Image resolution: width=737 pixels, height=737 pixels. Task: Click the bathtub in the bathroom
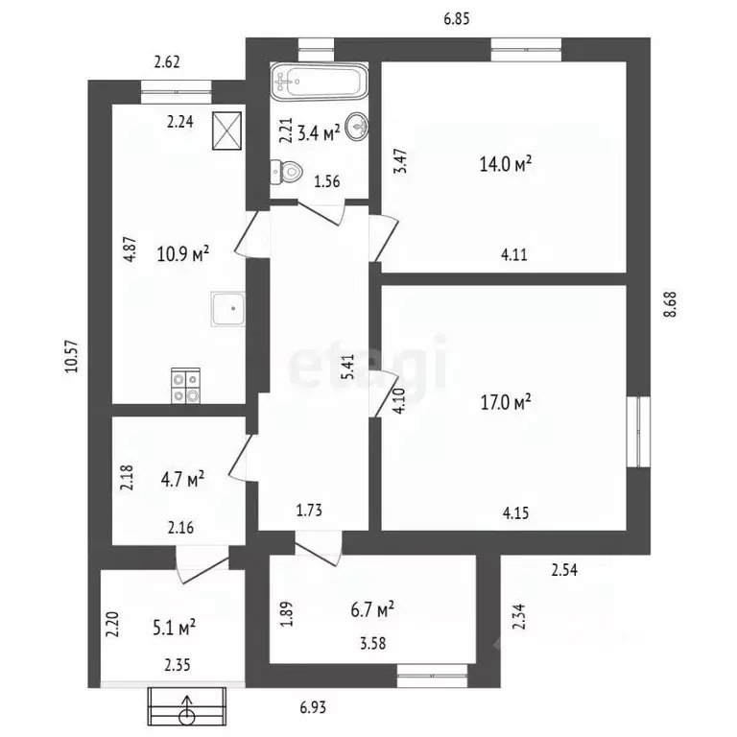(x=320, y=82)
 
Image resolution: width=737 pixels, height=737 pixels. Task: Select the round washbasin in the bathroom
(x=357, y=127)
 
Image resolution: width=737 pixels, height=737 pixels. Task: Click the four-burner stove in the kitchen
(x=185, y=386)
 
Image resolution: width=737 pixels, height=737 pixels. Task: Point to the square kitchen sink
(x=228, y=309)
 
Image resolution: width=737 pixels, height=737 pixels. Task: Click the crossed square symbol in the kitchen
(x=227, y=131)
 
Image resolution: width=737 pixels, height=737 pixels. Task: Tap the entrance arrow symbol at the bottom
(x=187, y=706)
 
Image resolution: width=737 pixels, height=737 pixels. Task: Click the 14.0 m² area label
(x=506, y=163)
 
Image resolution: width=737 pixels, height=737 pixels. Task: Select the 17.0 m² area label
(x=506, y=402)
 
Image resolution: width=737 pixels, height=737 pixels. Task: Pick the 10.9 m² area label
(x=183, y=253)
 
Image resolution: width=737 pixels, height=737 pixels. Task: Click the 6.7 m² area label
(x=372, y=609)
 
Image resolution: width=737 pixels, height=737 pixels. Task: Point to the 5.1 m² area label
(x=174, y=628)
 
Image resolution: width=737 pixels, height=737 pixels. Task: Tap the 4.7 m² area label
(x=182, y=480)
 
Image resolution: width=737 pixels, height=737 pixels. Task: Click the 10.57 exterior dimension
(x=72, y=356)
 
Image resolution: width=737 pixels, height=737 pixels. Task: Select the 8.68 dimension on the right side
(x=670, y=304)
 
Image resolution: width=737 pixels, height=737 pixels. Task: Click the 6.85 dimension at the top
(x=457, y=19)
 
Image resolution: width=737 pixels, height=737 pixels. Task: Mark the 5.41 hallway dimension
(x=347, y=368)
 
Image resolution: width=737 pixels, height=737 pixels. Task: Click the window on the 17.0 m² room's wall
(x=638, y=432)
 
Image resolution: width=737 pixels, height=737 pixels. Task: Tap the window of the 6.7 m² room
(x=433, y=676)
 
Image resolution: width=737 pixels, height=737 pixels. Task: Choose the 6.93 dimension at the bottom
(x=313, y=707)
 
